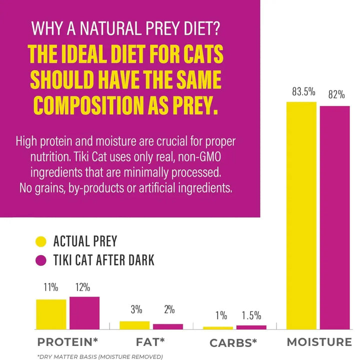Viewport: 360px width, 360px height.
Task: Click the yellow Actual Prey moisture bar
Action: coord(301,215)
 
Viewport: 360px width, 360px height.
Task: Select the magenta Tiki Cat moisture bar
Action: coord(334,217)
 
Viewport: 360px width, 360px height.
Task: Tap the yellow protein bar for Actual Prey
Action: coord(51,314)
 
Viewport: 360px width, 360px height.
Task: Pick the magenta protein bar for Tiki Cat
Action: coord(84,312)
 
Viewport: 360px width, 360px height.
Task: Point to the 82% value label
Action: coord(335,94)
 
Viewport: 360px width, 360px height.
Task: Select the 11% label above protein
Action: coord(50,287)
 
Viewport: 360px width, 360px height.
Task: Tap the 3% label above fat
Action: coord(136,309)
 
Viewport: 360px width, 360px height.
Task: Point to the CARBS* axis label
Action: coord(233,343)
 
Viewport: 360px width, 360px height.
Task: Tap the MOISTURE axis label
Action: coord(319,342)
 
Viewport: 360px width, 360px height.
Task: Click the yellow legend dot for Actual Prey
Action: coord(41,242)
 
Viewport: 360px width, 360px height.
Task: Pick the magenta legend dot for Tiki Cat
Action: coord(41,260)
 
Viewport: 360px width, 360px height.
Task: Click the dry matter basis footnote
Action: coord(100,356)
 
